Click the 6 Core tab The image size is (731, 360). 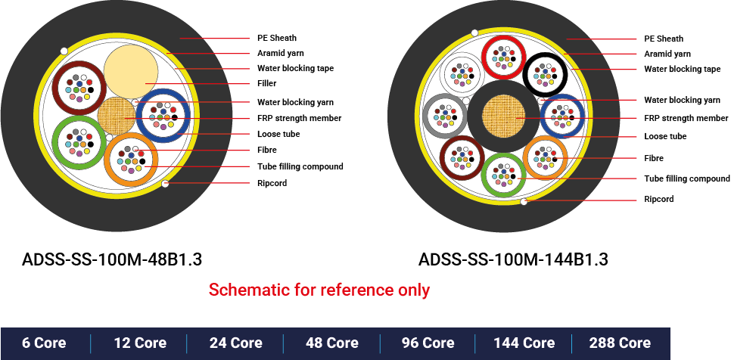coord(44,343)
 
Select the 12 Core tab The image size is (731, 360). coord(140,343)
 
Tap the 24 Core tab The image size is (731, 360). coord(236,343)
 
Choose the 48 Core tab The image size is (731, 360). coord(332,343)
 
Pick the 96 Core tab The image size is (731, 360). coord(428,343)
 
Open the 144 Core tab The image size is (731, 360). coord(524,343)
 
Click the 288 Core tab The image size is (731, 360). coord(620,343)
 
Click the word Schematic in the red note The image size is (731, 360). coord(241,290)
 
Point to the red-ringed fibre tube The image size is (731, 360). coord(504,56)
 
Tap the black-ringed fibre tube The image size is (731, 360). coord(546,74)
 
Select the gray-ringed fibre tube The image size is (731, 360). coord(445,116)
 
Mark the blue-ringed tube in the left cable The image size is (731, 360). coord(162,115)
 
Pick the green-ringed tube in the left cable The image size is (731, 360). coord(79,141)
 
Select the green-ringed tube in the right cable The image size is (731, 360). coord(503,175)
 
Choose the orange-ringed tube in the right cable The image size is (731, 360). coord(545,157)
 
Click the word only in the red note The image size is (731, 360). coord(413,290)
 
